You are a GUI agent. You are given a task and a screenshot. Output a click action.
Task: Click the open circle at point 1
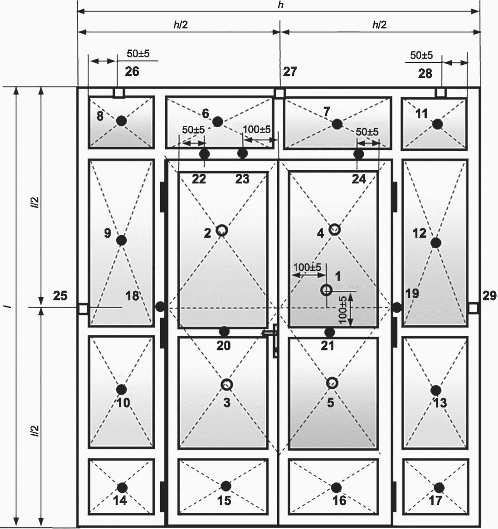pos(326,290)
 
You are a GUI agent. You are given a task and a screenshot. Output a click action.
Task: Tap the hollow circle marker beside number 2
pos(222,230)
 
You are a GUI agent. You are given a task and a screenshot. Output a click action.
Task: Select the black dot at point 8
pos(122,121)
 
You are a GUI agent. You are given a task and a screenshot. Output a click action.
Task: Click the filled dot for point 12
pos(436,243)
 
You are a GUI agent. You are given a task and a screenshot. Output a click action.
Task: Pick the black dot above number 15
pos(226,486)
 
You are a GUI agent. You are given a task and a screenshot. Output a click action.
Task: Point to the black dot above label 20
pos(224,332)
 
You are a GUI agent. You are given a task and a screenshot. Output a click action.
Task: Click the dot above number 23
pos(243,154)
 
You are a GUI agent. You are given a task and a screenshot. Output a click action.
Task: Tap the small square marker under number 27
pos(279,93)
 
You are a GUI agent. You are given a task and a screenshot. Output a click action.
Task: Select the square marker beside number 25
pos(83,308)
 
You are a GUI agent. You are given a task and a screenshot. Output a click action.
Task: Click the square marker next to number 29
pos(473,308)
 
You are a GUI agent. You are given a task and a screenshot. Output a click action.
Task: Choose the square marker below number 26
pos(118,93)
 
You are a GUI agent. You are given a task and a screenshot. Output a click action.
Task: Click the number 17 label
pos(435,500)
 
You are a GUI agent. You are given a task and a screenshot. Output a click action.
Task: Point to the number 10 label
pos(123,402)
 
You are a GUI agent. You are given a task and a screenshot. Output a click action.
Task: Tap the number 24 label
pos(359,179)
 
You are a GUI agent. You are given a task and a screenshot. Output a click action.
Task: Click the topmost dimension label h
pos(280,5)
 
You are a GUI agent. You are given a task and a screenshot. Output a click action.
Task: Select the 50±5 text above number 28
pos(421,55)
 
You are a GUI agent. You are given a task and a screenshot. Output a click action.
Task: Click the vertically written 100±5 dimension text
pos(342,310)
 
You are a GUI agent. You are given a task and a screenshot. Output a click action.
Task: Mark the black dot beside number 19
pos(397,308)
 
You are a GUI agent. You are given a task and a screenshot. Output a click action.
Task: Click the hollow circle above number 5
pos(332,383)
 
